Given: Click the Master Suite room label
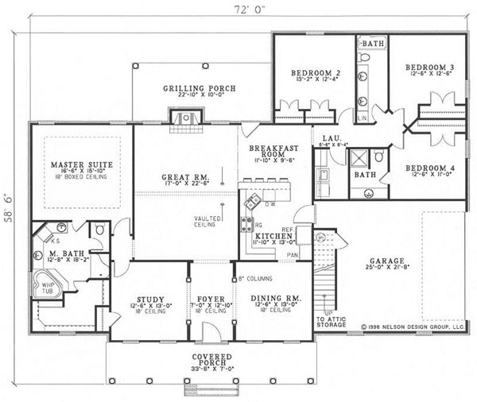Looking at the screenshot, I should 76,164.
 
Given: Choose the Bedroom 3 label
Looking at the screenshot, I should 429,68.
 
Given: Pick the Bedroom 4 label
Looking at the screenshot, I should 429,167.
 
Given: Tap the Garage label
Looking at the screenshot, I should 386,261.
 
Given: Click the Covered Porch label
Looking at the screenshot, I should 211,358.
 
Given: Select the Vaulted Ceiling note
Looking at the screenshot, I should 206,222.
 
